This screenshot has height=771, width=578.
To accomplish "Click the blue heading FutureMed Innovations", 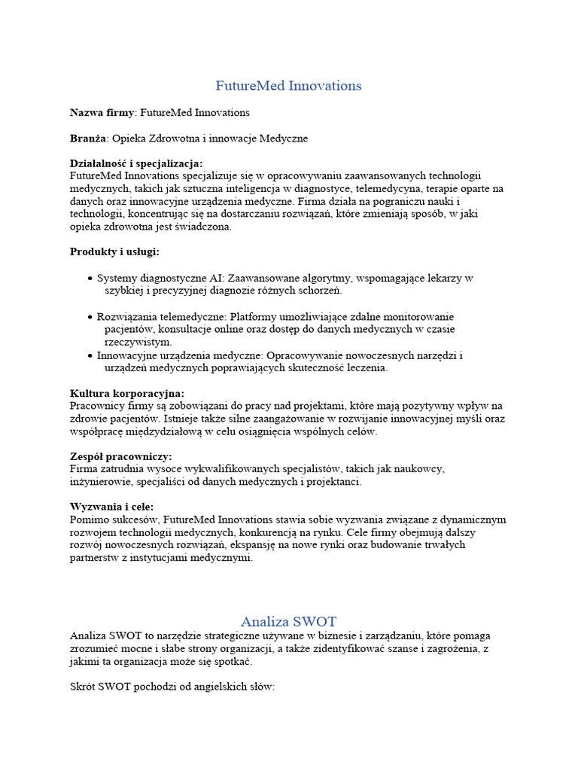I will [x=288, y=86].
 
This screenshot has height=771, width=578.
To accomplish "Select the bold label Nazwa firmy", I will [x=102, y=112].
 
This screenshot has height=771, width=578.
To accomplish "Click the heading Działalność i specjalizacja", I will [x=136, y=163].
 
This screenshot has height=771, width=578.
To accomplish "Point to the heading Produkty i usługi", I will [x=114, y=251].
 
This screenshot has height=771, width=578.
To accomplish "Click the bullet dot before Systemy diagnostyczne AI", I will [x=91, y=279].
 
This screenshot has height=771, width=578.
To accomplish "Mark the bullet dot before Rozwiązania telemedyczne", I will [x=91, y=317].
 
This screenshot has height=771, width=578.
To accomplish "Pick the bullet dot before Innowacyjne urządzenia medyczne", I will [x=91, y=355].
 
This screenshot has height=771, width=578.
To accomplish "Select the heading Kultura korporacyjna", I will [x=127, y=393].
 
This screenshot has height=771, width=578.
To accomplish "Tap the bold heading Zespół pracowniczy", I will [x=121, y=456].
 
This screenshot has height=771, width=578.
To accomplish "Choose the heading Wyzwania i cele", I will [x=111, y=506].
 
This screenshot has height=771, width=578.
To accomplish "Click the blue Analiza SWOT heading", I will [x=288, y=622].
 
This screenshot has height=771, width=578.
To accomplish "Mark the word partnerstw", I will [x=95, y=559].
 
